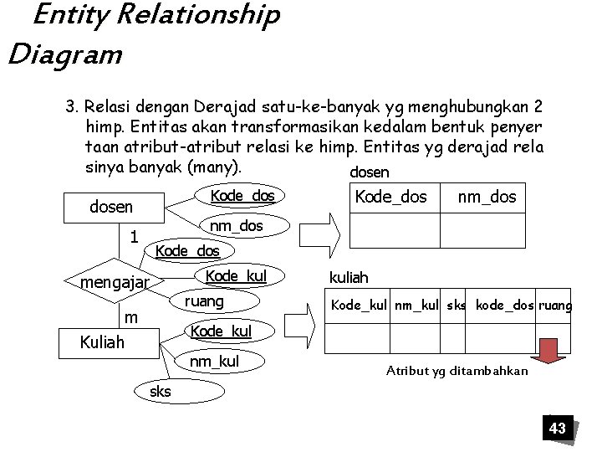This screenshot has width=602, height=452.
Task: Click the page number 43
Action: pyautogui.click(x=557, y=429)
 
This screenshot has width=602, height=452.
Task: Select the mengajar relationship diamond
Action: pyautogui.click(x=114, y=283)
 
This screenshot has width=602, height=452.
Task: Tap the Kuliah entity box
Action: pyautogui.click(x=101, y=342)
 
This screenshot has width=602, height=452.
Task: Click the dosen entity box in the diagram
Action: pyautogui.click(x=111, y=207)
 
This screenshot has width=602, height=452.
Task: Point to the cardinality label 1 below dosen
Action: pyautogui.click(x=133, y=238)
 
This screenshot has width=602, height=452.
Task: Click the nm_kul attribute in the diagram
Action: pyautogui.click(x=214, y=362)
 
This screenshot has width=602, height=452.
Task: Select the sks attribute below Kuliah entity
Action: pyautogui.click(x=160, y=391)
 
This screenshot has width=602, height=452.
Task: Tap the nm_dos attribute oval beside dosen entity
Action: pyautogui.click(x=236, y=226)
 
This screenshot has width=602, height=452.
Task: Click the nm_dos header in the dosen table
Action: pyautogui.click(x=487, y=198)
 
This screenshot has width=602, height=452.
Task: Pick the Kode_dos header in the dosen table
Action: pyautogui.click(x=391, y=198)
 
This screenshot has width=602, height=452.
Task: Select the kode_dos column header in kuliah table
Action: pyautogui.click(x=505, y=306)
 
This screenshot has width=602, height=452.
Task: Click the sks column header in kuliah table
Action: pyautogui.click(x=457, y=306)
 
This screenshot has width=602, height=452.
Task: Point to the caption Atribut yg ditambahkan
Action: pyautogui.click(x=457, y=371)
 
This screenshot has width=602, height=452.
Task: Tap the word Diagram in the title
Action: pyautogui.click(x=64, y=55)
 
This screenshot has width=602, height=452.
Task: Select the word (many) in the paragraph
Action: pyautogui.click(x=214, y=166)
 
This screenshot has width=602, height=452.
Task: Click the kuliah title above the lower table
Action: pyautogui.click(x=348, y=277)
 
